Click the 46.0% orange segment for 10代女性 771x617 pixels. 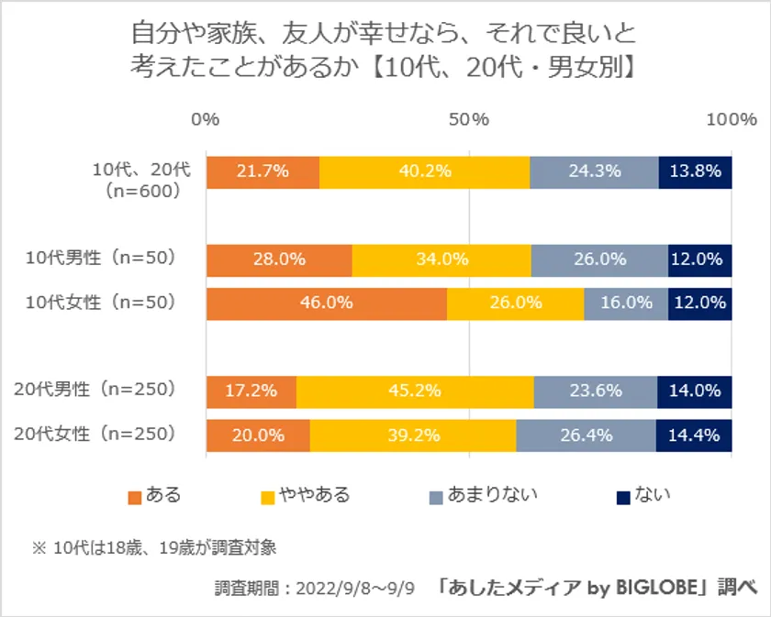point(326,303)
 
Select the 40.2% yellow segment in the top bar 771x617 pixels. point(424,171)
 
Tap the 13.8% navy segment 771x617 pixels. point(695,171)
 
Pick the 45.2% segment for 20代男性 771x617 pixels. point(415,391)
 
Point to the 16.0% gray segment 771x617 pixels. point(626,303)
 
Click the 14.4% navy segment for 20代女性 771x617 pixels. point(694,435)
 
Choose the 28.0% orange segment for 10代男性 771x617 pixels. point(279,259)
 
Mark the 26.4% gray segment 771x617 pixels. point(586,435)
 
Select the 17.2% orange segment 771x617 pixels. point(251,391)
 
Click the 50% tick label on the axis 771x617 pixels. point(469,120)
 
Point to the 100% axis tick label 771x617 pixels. point(731,120)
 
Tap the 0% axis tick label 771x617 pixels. point(206,120)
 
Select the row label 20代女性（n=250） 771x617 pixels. point(95,434)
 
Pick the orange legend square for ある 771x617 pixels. point(135,497)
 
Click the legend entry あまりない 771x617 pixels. point(495,496)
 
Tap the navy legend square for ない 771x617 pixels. point(622,497)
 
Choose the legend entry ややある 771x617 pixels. point(317,496)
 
